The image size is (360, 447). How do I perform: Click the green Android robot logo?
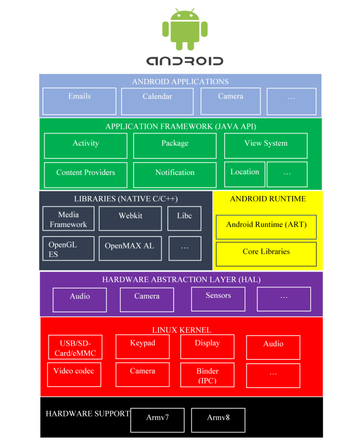point(184,29)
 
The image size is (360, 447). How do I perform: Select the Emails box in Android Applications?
point(80,101)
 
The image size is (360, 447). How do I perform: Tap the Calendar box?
point(157,101)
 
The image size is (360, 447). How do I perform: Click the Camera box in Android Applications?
point(231,101)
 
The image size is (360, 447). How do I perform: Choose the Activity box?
point(85,146)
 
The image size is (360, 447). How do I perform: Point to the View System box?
point(266,146)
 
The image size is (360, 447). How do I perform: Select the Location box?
point(245,174)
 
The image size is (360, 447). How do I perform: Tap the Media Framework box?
point(68,219)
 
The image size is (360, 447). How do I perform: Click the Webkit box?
point(130,219)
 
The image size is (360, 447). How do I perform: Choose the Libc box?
point(184,219)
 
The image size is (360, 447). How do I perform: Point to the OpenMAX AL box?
point(130,248)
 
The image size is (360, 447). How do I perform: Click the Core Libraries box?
point(266,254)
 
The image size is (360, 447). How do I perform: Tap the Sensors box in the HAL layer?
point(218,299)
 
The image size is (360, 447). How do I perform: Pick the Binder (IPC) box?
point(207,375)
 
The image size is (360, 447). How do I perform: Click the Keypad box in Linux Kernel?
point(143,347)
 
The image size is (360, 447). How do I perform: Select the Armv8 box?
point(218,420)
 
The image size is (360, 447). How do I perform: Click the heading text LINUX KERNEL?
point(181,331)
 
